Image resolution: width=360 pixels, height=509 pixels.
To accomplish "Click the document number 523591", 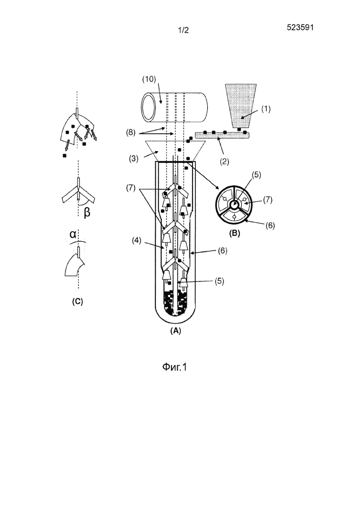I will pos(300,28).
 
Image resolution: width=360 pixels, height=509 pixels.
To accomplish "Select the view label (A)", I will pos(175,329).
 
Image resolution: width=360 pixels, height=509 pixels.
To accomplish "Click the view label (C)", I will pos(77,301).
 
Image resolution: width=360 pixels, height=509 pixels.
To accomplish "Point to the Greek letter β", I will pos(87,214).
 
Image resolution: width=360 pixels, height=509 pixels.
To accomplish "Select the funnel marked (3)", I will pos(175,151).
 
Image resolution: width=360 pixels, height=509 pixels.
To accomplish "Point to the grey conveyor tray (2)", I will pos(224,135).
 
